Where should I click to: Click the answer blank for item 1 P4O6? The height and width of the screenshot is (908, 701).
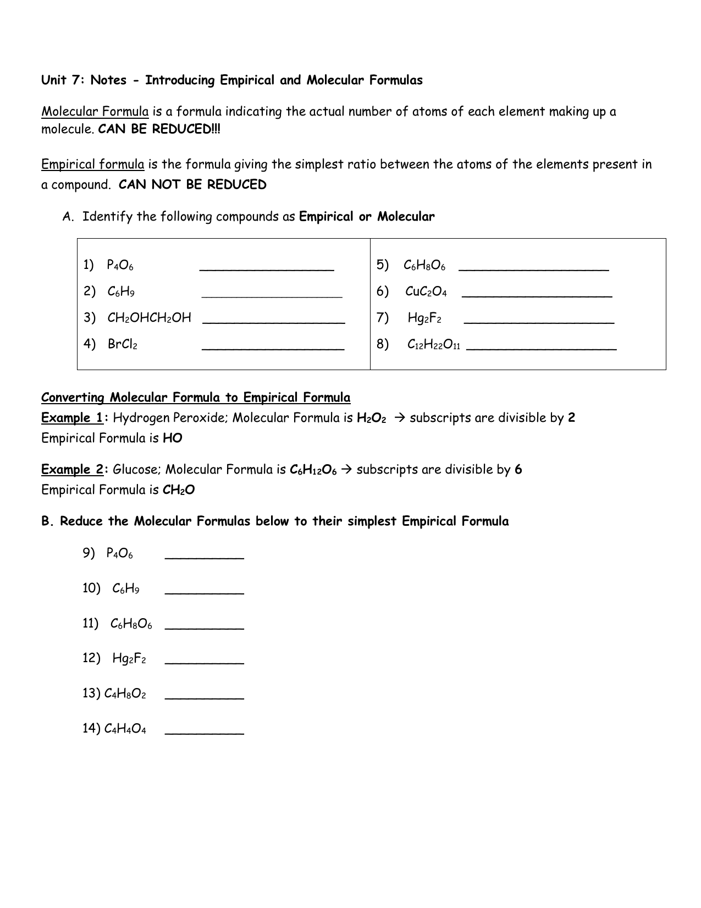pyautogui.click(x=267, y=268)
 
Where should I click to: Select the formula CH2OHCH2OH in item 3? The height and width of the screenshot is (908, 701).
pyautogui.click(x=149, y=318)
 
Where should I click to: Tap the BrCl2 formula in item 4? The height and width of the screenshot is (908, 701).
pyautogui.click(x=122, y=345)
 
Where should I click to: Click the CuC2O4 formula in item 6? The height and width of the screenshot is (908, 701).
pyautogui.click(x=426, y=291)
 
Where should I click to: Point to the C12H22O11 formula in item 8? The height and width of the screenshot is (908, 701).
pyautogui.click(x=433, y=345)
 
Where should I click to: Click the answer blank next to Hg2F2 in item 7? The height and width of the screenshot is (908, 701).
pyautogui.click(x=539, y=321)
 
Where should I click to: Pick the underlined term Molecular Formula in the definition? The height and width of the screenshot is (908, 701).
pyautogui.click(x=95, y=112)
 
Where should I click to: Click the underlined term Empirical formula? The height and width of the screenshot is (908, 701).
pyautogui.click(x=92, y=164)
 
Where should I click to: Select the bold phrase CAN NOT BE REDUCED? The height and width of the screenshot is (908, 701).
pyautogui.click(x=192, y=185)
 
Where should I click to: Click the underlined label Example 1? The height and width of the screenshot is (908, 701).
pyautogui.click(x=72, y=418)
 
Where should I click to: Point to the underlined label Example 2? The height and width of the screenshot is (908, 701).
pyautogui.click(x=72, y=470)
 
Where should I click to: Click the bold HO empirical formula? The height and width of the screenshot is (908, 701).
pyautogui.click(x=173, y=438)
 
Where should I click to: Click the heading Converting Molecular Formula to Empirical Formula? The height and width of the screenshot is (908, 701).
pyautogui.click(x=196, y=397)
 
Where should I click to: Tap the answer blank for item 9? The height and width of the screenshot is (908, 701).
pyautogui.click(x=204, y=557)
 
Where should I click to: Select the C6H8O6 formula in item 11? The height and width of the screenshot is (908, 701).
pyautogui.click(x=131, y=624)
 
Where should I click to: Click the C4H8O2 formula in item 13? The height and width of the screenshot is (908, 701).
pyautogui.click(x=125, y=694)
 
